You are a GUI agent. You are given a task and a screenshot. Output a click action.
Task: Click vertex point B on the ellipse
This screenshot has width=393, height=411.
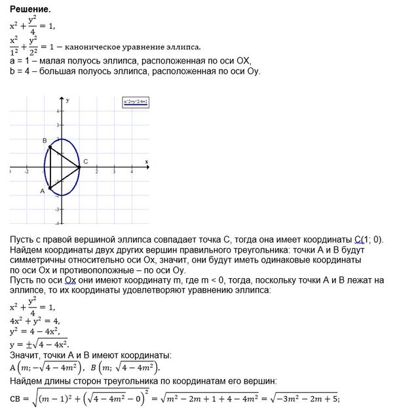coord(50,147)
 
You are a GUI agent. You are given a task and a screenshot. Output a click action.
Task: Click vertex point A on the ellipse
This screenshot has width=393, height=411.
coord(50,188)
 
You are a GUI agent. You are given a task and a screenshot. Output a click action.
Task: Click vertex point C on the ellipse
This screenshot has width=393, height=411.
coord(79,167)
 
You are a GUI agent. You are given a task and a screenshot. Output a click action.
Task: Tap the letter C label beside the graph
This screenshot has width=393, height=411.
coord(86,162)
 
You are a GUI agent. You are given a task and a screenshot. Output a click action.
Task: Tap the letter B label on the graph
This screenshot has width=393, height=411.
coord(44,141)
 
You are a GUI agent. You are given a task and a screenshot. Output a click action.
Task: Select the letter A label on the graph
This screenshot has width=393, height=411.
coord(43,191)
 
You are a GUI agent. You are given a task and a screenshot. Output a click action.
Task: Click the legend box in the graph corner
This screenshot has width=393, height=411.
coord(136,102)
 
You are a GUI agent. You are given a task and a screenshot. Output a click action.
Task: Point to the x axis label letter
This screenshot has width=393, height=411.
coord(146,162)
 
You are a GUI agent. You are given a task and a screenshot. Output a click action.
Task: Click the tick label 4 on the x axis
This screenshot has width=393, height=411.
coord(132,172)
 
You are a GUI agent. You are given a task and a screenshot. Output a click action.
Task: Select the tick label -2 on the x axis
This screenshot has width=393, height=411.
coord(27,172)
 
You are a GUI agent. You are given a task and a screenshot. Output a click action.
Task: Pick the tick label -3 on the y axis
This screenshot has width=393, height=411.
coord(58,209)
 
